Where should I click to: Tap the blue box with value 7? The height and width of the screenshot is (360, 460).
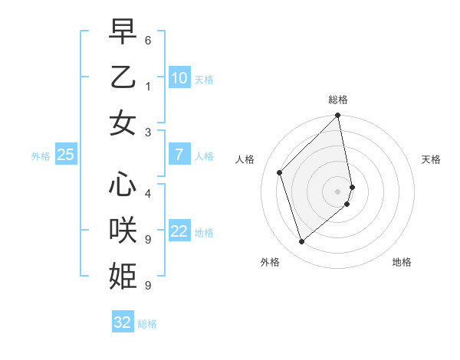point(179,155)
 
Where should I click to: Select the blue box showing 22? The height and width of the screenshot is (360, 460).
point(179,231)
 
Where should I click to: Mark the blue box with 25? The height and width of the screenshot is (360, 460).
point(66,155)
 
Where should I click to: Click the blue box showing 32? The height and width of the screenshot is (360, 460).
point(123,322)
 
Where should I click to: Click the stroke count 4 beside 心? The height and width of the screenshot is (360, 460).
point(147,194)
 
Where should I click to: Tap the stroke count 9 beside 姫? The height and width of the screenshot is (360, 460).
point(147,286)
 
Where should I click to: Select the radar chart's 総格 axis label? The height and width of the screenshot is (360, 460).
point(338,100)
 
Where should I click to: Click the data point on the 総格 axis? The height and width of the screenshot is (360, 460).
point(338,116)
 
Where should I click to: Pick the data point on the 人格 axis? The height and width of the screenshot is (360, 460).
point(280,172)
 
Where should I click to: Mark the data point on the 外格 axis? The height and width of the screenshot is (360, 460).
point(301,242)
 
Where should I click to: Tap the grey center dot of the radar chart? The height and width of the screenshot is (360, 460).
point(338,191)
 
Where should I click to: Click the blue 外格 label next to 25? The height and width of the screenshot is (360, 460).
point(41,155)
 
